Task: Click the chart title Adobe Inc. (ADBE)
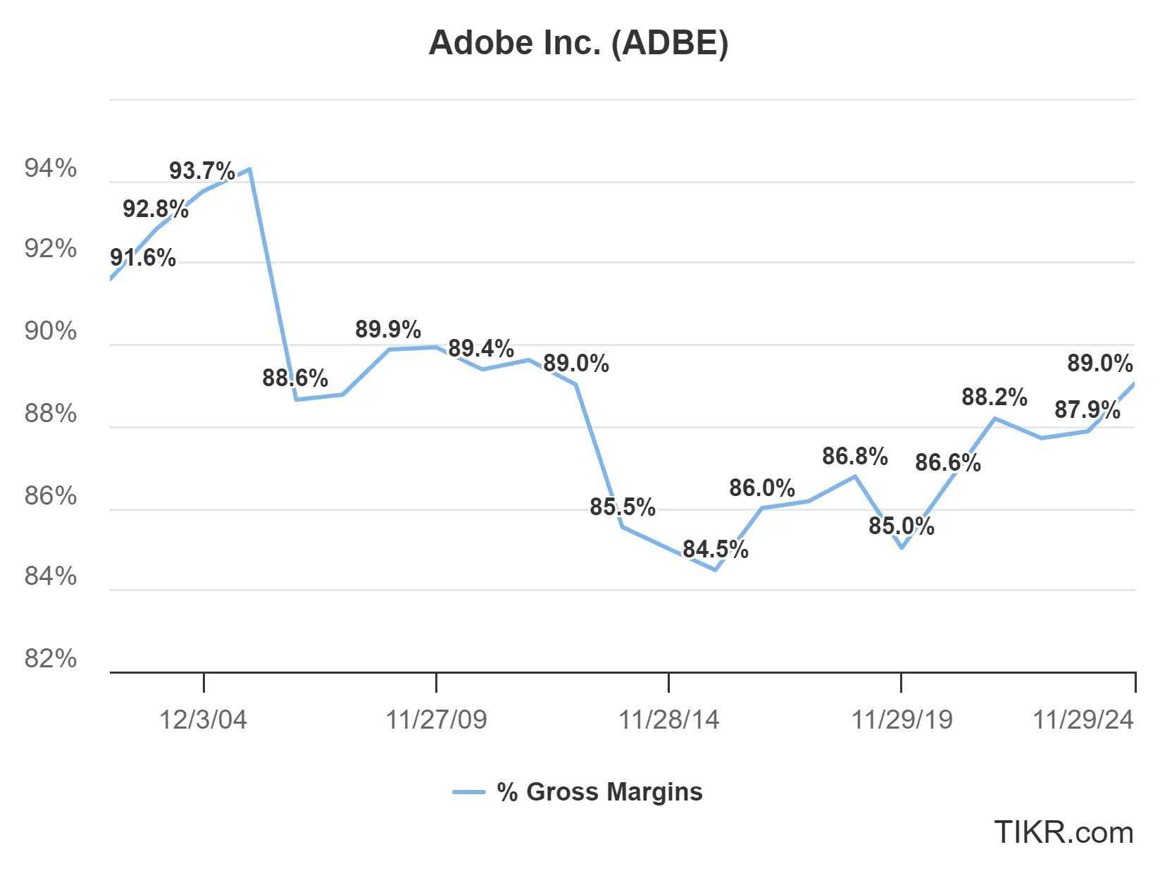pos(578,43)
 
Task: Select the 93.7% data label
pos(201,171)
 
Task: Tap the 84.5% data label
pos(715,549)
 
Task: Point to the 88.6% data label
pos(295,378)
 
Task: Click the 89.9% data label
pos(387,329)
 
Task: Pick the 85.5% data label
pos(622,507)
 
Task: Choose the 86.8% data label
pos(854,456)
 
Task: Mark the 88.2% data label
pos(994,397)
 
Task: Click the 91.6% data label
pos(143,257)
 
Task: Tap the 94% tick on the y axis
pos(51,168)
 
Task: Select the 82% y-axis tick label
pos(51,658)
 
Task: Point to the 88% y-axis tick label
pos(51,413)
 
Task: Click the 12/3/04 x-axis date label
pos(203,719)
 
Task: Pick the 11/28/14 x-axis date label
pos(668,719)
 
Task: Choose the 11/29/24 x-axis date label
pos(1083,719)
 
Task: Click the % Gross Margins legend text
pos(599,792)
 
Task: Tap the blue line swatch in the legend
pos(468,793)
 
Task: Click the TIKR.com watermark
pos(1063,832)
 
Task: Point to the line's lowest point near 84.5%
pos(716,569)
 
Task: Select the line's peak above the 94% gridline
pos(249,169)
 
